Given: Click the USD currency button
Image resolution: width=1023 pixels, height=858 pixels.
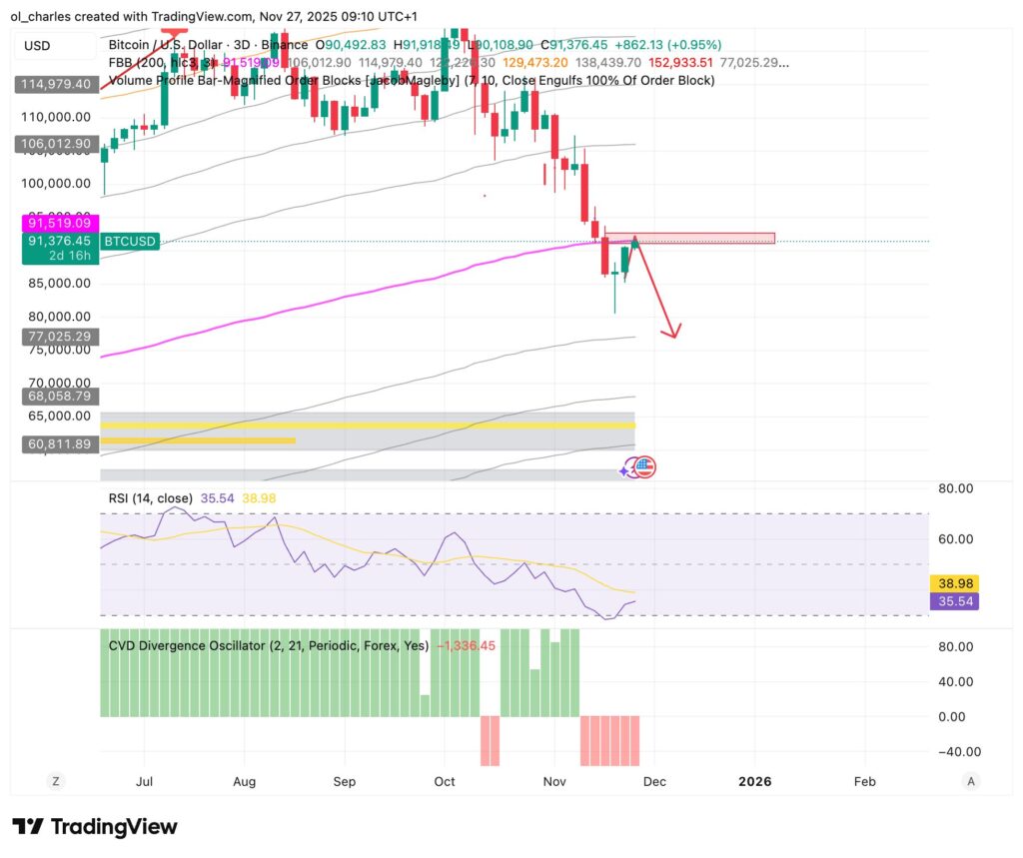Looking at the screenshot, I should click(37, 46).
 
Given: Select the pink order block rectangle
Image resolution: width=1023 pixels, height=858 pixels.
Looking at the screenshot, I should click(699, 238).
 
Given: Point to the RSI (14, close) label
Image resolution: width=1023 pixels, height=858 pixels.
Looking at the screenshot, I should click(151, 496).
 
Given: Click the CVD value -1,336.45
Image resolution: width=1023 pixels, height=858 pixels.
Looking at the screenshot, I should click(466, 645).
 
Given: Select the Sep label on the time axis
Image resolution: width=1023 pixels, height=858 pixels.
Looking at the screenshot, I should click(345, 782).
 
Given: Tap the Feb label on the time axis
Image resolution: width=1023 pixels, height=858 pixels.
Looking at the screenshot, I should click(865, 782).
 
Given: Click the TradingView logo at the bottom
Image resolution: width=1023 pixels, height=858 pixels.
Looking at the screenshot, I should click(96, 827).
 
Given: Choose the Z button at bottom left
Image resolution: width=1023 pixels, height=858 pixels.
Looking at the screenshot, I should click(57, 782).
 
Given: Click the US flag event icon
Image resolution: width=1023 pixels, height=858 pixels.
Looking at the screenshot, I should click(644, 466).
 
